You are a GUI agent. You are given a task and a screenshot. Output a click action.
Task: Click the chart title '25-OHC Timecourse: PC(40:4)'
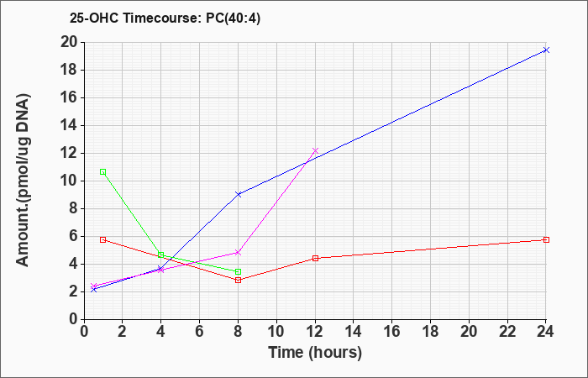[x=165, y=18]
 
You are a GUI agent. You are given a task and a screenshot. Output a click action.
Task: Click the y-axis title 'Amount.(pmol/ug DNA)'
[x=24, y=181]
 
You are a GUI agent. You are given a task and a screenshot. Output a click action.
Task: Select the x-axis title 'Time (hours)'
[x=315, y=353]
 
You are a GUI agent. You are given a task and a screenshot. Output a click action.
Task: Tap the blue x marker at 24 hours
[x=546, y=50]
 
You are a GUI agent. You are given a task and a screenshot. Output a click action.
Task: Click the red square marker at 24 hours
[x=546, y=239]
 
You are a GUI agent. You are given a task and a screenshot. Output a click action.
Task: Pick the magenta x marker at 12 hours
[x=315, y=150]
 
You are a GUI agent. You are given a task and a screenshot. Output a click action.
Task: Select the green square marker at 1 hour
[x=102, y=171]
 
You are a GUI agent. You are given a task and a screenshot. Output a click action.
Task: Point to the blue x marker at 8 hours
[x=238, y=194]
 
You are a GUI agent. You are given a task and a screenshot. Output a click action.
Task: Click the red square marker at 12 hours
[x=315, y=258]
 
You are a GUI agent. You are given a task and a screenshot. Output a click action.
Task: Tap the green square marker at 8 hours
[x=238, y=271]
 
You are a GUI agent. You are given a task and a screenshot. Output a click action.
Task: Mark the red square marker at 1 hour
[x=102, y=239]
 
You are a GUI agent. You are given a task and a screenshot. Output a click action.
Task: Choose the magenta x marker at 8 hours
[x=238, y=252]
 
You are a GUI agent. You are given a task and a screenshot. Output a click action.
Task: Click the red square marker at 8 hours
[x=238, y=280]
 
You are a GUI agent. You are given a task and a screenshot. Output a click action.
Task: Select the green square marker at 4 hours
[x=161, y=255]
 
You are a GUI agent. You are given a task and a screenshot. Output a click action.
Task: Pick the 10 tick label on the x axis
[x=276, y=332]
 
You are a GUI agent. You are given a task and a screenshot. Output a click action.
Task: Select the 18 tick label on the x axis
[x=430, y=332]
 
